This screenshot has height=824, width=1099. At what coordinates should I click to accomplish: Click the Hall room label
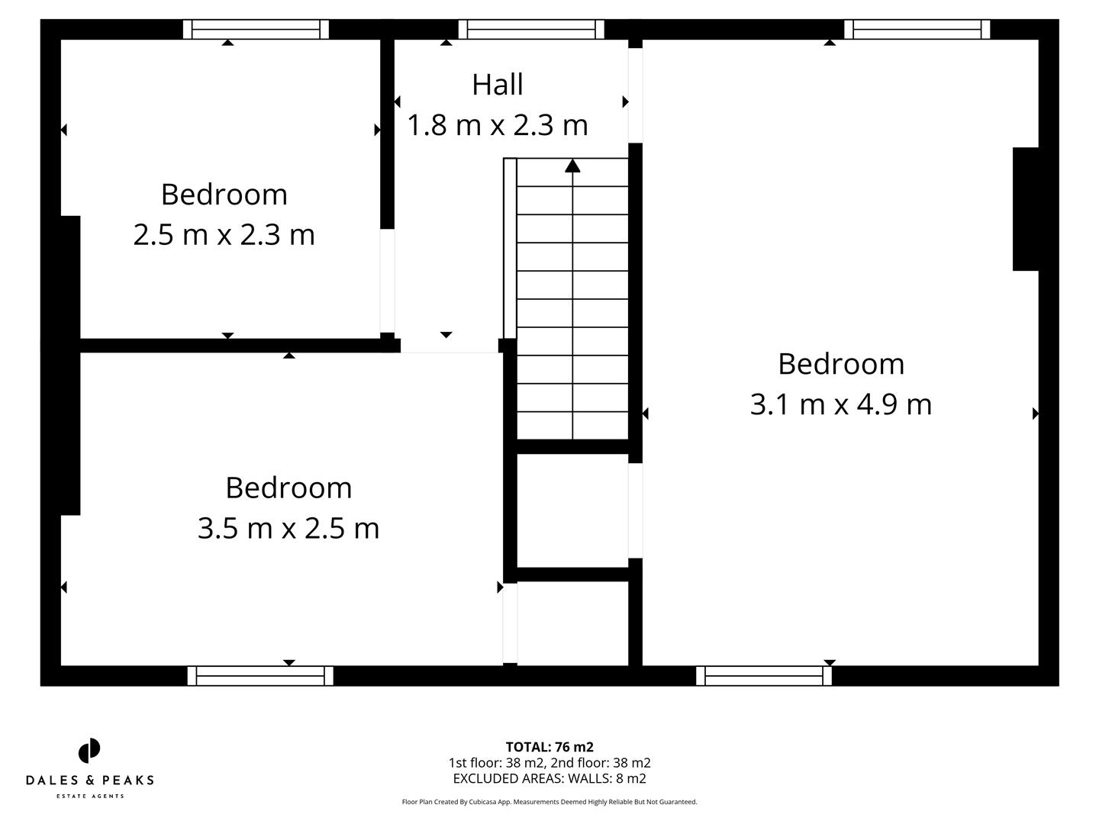(498, 85)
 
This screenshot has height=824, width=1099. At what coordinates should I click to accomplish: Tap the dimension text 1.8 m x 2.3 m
(498, 125)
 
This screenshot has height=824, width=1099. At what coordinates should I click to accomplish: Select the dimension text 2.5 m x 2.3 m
(224, 234)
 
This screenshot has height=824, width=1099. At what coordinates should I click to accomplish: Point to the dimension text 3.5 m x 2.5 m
(288, 528)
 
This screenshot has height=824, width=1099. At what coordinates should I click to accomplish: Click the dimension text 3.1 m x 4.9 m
(841, 404)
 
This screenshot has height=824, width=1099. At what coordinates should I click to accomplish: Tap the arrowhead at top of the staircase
(572, 166)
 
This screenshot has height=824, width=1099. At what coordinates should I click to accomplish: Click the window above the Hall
(531, 29)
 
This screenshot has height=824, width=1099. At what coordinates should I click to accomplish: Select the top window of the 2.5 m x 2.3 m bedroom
(256, 29)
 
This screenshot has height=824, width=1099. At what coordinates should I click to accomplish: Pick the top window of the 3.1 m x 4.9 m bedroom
(917, 29)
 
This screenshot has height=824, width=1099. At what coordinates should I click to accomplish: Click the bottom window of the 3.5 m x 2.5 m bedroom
(260, 676)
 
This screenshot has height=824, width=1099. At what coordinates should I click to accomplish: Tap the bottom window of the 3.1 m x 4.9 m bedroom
(764, 676)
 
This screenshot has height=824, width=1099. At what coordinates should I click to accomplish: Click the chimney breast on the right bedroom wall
(1025, 209)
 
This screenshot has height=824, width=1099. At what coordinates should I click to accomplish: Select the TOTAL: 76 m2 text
(549, 747)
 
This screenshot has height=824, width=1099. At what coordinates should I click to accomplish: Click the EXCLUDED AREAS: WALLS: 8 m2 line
(549, 779)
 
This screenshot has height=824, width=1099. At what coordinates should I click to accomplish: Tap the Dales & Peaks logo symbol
(89, 751)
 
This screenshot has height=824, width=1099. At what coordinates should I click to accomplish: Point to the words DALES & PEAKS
(89, 781)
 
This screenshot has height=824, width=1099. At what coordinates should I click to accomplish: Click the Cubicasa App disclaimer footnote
(549, 802)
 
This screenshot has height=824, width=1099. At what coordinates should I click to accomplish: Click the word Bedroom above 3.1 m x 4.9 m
(841, 364)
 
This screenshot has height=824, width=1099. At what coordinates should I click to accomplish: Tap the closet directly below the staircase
(572, 510)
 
